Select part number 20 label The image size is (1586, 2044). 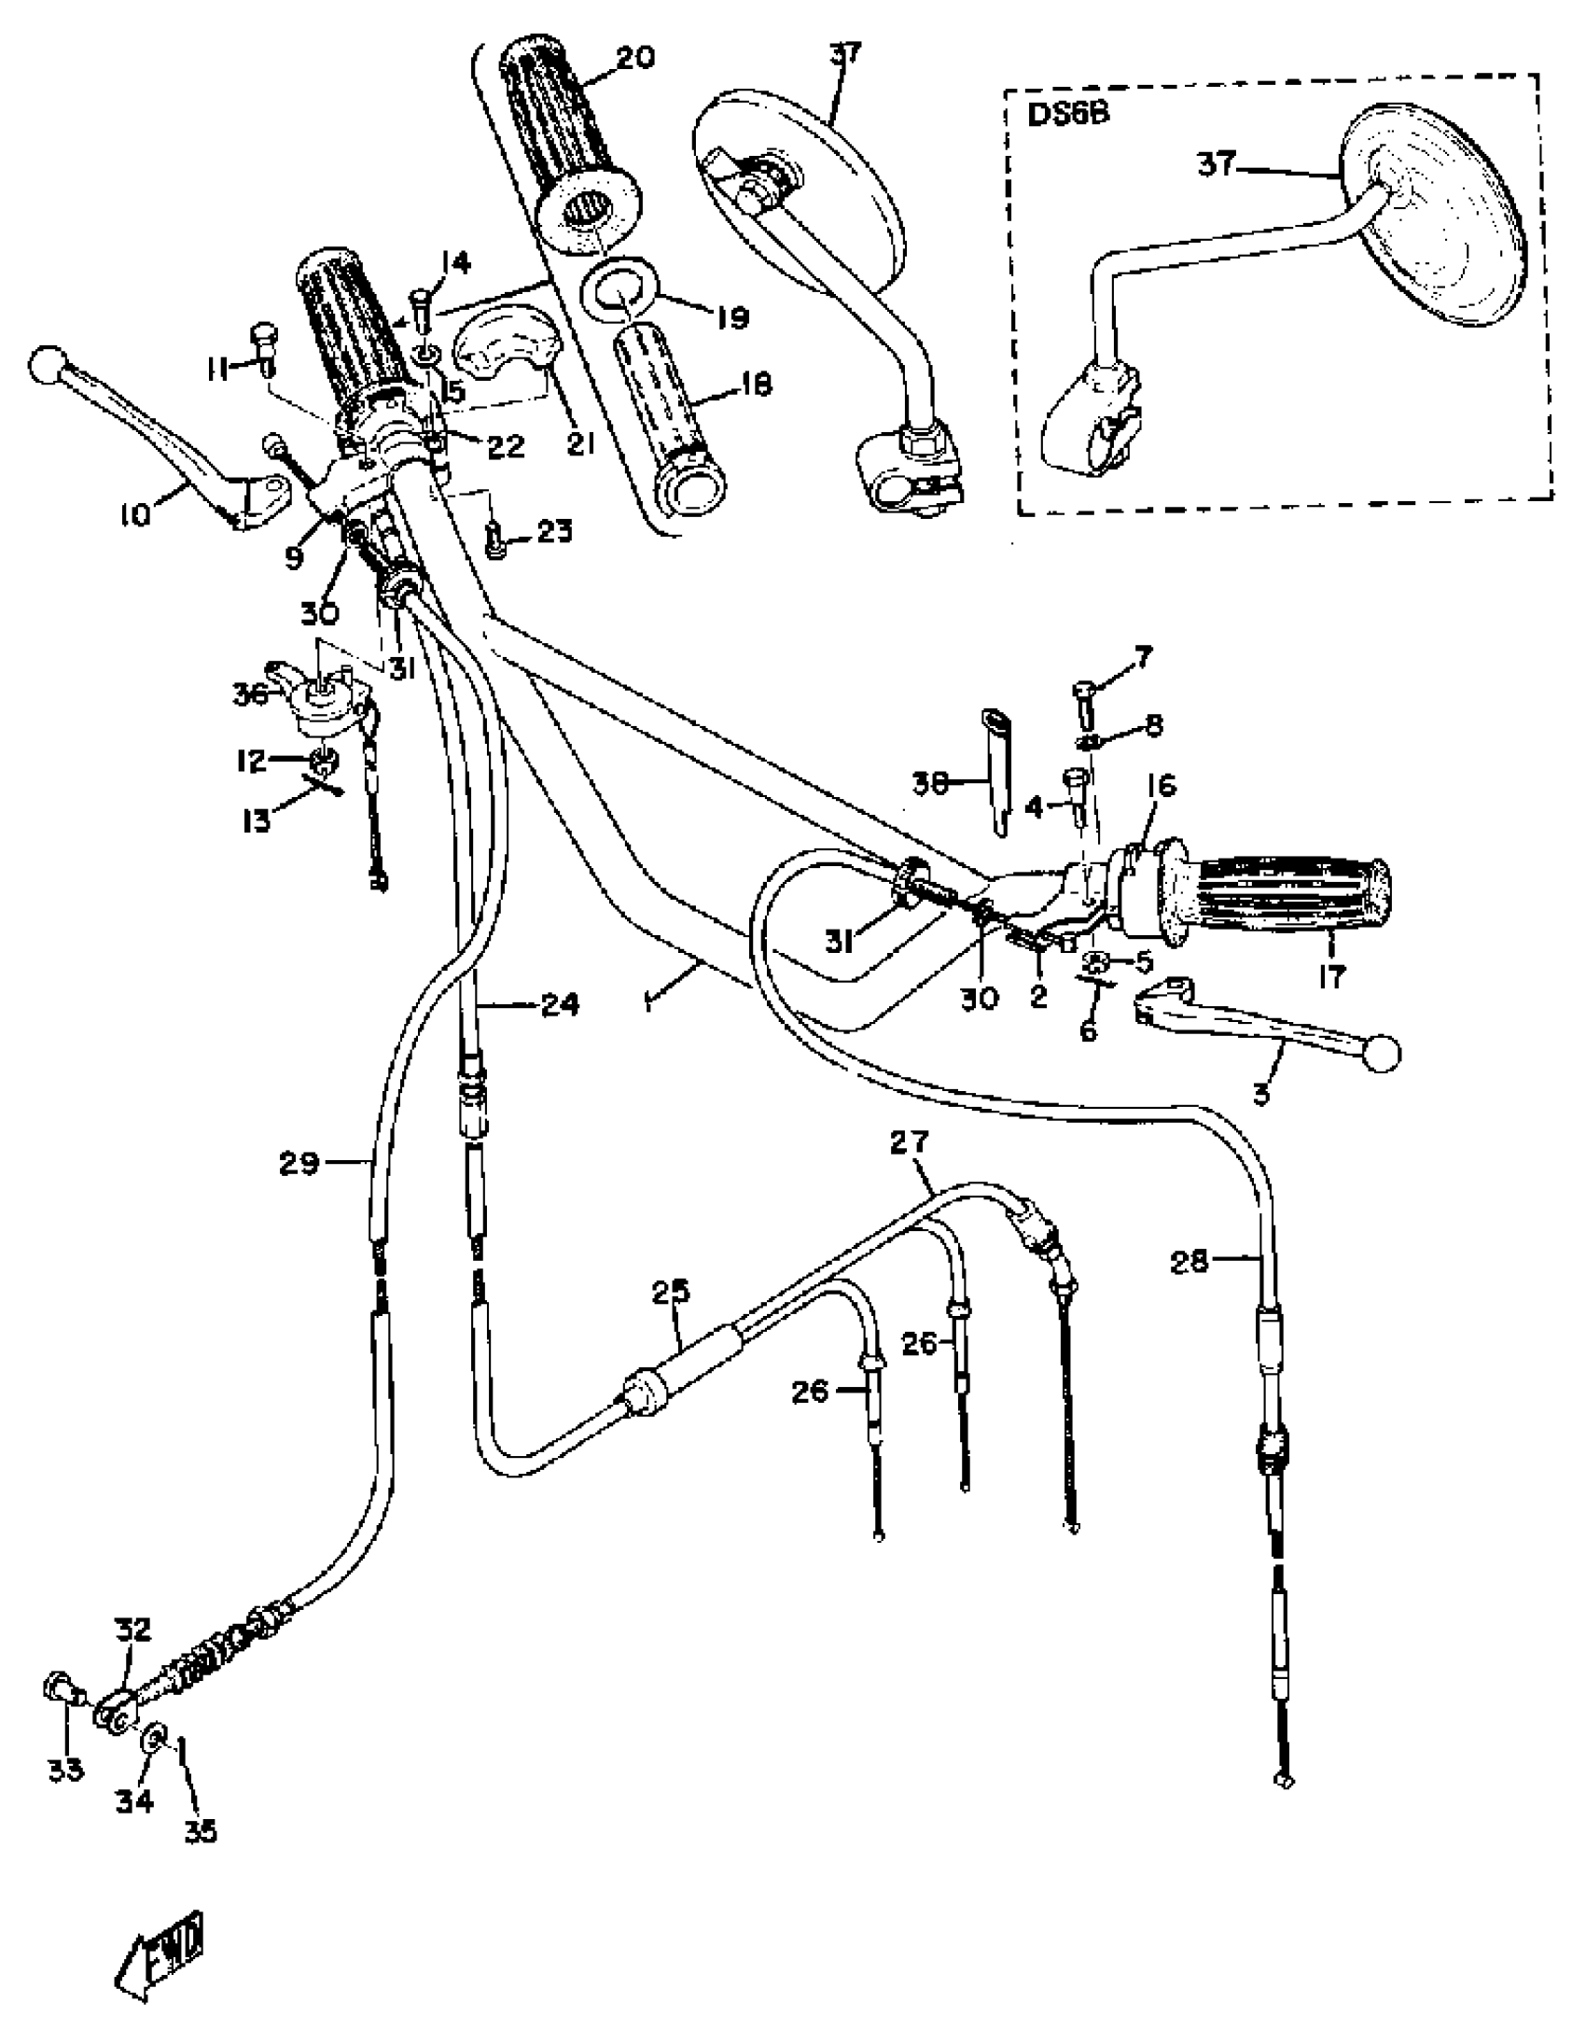[635, 58]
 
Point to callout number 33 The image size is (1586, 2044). [65, 1770]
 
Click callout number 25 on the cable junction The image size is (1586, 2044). [671, 1293]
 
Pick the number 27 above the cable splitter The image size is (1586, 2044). [911, 1142]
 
